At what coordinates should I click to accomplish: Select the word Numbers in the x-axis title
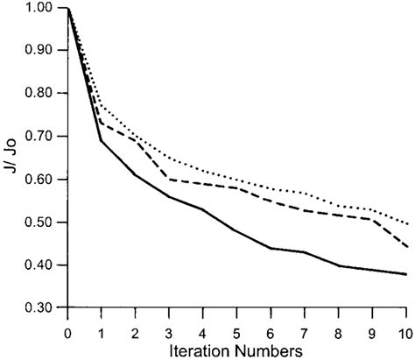point(271,350)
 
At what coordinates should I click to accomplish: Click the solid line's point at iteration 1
point(102,140)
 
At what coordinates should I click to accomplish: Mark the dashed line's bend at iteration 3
point(169,180)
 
